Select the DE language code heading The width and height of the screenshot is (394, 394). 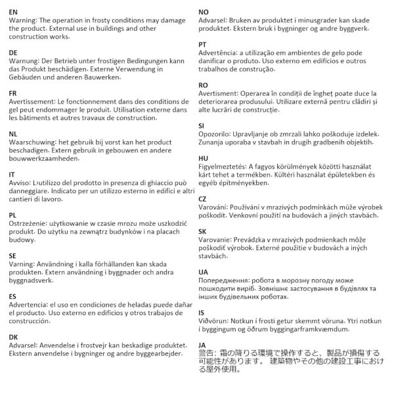coord(14,52)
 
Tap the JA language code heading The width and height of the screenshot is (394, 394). coord(202,344)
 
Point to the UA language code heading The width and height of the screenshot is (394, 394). coord(203,271)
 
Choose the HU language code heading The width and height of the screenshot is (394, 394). coord(203,158)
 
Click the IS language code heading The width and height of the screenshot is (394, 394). coord(201,313)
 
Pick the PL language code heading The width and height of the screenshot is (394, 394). coord(13,215)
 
